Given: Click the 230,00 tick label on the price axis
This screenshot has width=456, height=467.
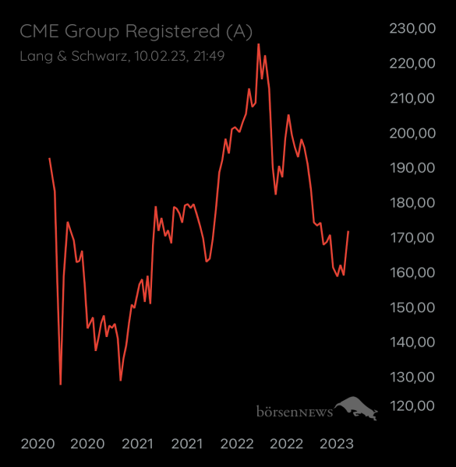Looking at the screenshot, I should click(x=411, y=29).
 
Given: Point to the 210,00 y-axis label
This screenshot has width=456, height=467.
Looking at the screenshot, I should click(x=411, y=98).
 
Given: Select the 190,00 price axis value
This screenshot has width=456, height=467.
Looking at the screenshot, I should click(x=411, y=168).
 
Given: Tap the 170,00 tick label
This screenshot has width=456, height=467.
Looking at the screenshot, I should click(x=411, y=237).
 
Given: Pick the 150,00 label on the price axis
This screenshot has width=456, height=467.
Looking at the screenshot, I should click(x=411, y=307).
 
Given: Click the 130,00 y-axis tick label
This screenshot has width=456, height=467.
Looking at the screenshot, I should click(x=411, y=377).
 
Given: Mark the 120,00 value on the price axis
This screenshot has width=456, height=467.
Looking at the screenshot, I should click(x=411, y=406).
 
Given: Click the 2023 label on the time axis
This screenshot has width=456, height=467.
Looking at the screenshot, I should click(x=337, y=444).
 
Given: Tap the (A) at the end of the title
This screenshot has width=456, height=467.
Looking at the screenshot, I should click(x=238, y=31).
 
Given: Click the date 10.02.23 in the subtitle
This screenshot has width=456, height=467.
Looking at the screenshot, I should click(x=159, y=56).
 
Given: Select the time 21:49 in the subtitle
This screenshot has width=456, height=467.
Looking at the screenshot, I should click(x=209, y=56).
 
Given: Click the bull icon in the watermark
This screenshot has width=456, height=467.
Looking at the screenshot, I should click(x=356, y=407).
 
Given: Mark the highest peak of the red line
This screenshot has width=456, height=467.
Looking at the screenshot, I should click(x=258, y=44).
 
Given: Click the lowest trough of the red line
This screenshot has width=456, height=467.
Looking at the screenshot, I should click(x=60, y=384).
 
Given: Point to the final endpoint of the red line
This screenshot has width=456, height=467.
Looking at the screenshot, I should click(x=348, y=231).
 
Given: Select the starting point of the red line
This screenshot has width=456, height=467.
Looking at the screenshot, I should click(x=49, y=158).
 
